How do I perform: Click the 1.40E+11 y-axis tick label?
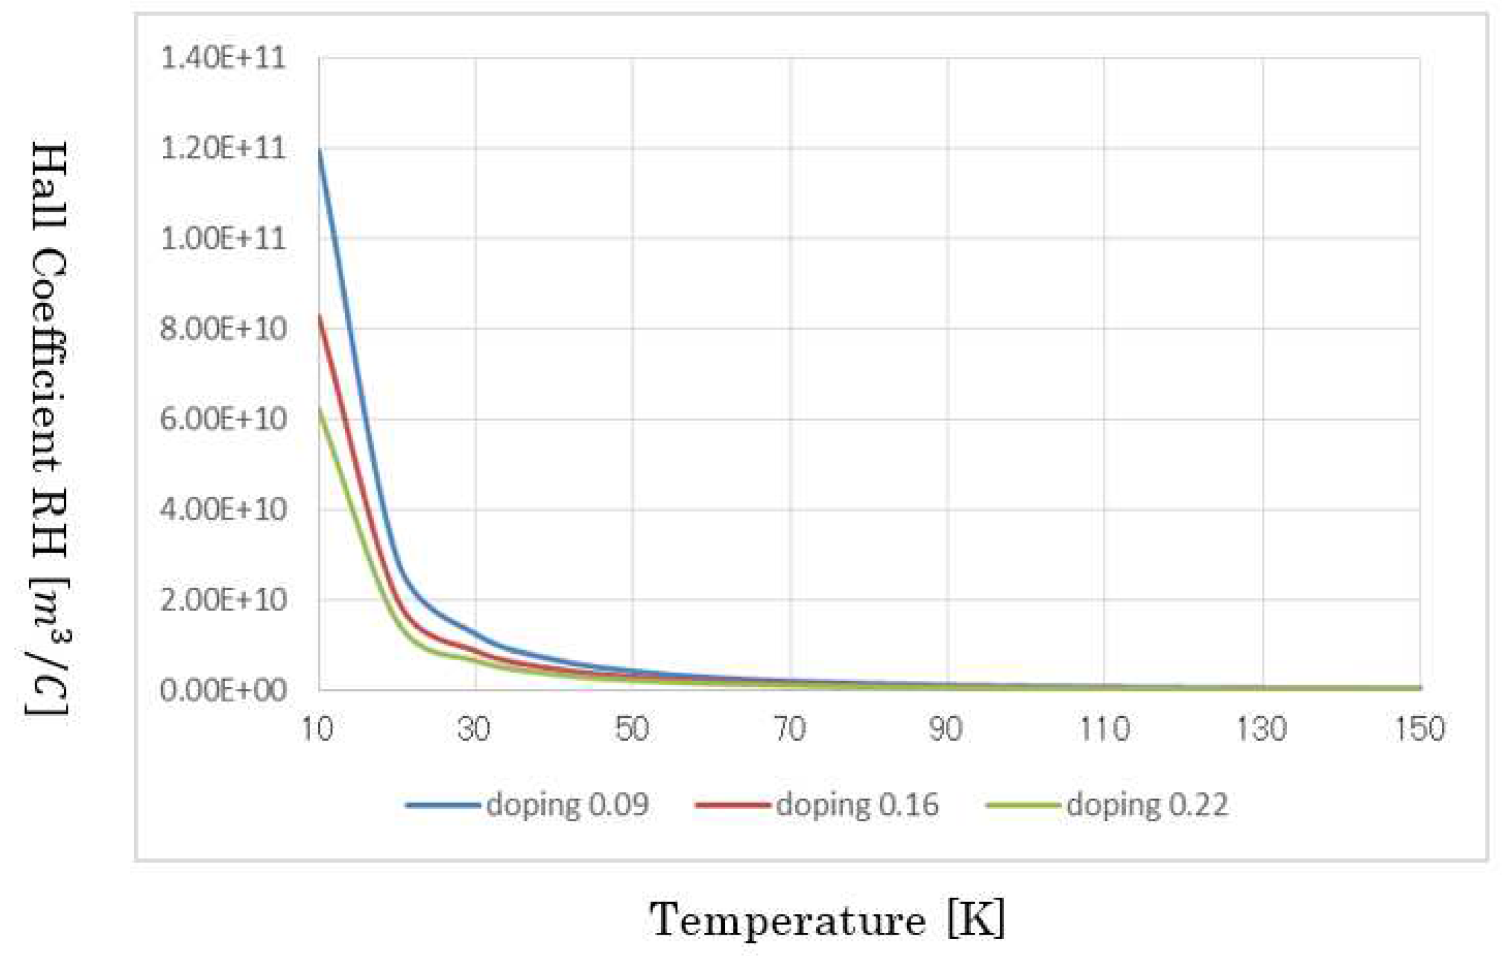tap(223, 58)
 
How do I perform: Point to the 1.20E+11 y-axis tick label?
tap(223, 149)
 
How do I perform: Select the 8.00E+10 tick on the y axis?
tap(223, 329)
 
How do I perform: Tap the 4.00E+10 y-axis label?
tap(223, 509)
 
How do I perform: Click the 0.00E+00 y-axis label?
tap(223, 690)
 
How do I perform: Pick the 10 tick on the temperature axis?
tap(317, 729)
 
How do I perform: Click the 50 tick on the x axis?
tap(632, 729)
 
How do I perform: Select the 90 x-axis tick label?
tap(946, 729)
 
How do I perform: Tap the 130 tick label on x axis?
tap(1261, 729)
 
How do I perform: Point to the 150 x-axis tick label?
tap(1419, 729)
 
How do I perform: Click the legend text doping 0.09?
tap(567, 805)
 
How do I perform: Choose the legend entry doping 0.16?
tap(857, 805)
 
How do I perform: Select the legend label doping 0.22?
tap(1147, 805)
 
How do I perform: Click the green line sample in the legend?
tap(1022, 805)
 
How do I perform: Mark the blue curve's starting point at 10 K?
tap(320, 150)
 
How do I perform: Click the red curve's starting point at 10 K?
tap(320, 315)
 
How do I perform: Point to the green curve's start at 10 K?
tap(320, 409)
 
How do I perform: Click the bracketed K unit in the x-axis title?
tap(976, 918)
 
